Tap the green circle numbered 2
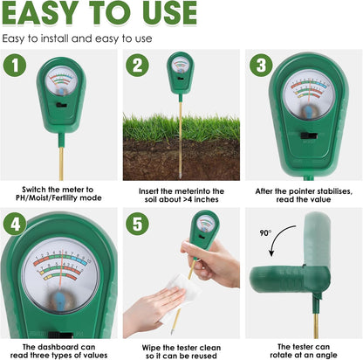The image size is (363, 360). (138, 66)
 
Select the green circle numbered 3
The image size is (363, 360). (260, 66)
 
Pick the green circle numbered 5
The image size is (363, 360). (138, 222)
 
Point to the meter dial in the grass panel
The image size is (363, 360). (181, 67)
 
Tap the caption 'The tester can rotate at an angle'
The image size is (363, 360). (303, 351)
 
